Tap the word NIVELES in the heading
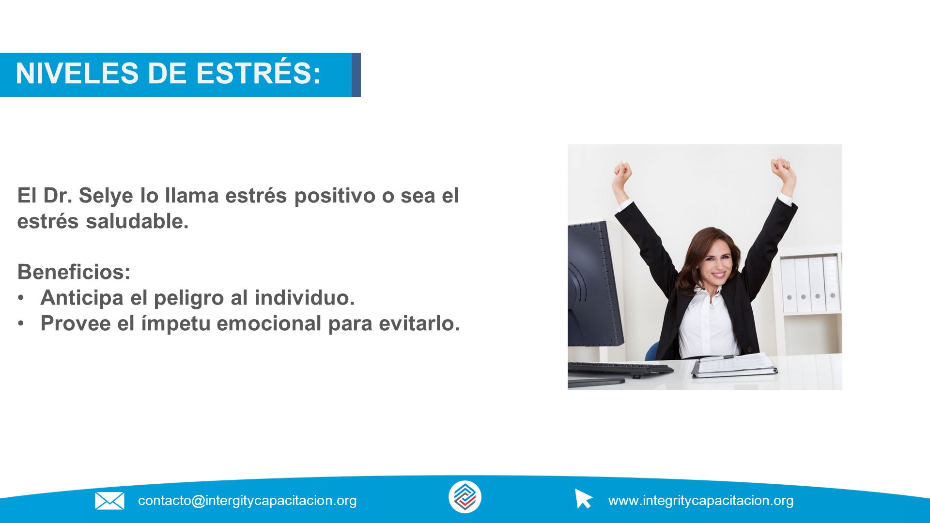77,74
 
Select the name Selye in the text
106,196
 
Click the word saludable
137,221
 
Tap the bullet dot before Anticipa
21,298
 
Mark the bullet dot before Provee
21,323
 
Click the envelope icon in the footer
109,501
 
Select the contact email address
247,501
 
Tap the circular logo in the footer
465,497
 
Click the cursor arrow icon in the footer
583,498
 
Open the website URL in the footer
701,501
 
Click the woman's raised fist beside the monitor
622,173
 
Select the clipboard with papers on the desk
734,366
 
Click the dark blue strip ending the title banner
356,75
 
